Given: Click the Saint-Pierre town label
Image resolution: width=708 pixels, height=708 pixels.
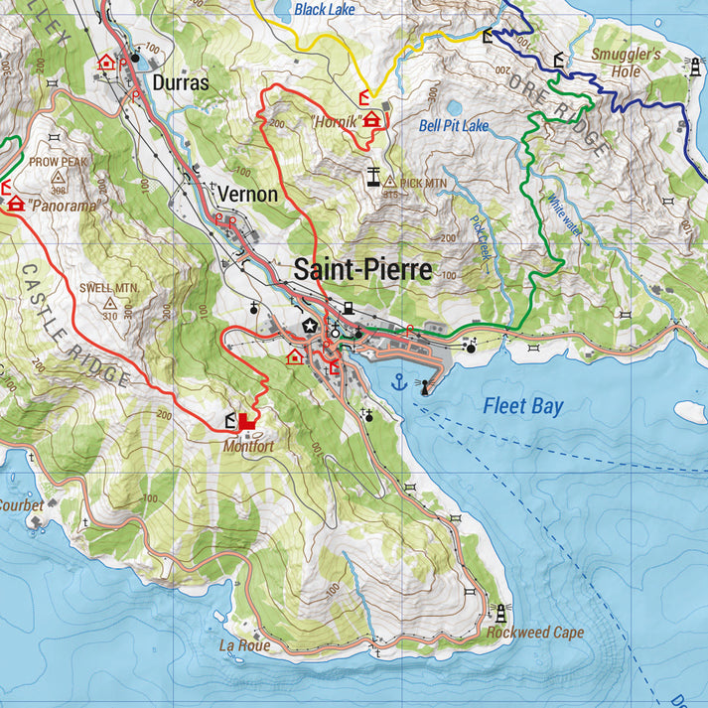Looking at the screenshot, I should click(362, 269).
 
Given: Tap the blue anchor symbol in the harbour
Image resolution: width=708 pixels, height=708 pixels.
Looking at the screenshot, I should click(399, 382).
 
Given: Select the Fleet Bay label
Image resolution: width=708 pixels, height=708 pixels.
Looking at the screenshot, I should click(523, 405).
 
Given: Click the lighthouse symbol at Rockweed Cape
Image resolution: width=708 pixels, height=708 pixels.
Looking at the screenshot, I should click(500, 612).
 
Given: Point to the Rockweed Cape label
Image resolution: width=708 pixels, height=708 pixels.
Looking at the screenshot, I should click(534, 633).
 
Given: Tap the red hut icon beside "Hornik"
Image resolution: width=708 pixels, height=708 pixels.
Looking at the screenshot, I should click(372, 120).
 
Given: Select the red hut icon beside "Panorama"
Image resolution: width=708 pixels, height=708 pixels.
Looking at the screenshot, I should click(16, 204).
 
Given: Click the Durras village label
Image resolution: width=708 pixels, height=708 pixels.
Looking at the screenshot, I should click(182, 83).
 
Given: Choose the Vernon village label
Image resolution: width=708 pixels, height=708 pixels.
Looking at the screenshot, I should click(247, 194).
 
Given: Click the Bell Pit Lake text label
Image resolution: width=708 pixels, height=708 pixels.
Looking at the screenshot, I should click(454, 126).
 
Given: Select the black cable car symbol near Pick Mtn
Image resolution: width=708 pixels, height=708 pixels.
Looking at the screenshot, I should click(371, 179).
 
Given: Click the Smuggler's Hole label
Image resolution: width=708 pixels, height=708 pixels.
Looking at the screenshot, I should click(626, 63).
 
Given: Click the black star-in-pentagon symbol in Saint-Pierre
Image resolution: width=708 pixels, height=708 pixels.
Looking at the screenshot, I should click(310, 327).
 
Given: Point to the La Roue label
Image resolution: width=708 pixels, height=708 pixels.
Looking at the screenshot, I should click(244, 645).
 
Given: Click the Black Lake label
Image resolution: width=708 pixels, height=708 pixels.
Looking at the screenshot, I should click(324, 9).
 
